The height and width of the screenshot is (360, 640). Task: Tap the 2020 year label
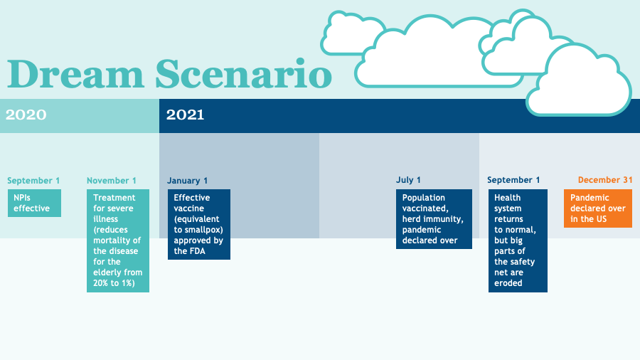26,115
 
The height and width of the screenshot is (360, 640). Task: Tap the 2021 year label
185,115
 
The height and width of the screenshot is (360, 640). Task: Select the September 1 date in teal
33,181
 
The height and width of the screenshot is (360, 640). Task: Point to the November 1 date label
112,181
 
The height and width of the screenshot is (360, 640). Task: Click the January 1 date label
188,181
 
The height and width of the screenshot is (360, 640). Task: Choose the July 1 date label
408,180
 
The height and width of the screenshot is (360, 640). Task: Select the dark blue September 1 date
513,180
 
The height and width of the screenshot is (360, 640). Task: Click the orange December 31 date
604,180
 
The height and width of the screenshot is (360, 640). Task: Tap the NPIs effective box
34,203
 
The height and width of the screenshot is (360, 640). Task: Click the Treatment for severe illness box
118,240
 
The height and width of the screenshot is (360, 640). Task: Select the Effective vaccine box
198,224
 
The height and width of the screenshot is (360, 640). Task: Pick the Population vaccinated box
434,218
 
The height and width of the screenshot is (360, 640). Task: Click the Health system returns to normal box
518,240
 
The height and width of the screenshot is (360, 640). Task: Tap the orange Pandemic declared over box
597,208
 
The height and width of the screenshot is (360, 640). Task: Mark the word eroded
508,283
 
